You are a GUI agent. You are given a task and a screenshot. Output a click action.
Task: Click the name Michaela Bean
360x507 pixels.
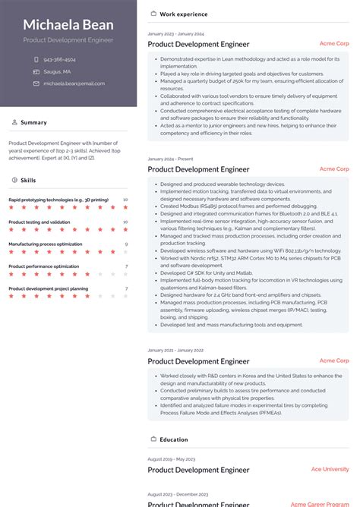pyautogui.click(x=68, y=25)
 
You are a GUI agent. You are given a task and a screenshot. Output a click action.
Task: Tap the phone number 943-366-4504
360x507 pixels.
pyautogui.click(x=59, y=59)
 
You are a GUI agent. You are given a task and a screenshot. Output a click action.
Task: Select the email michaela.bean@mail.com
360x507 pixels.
pyautogui.click(x=71, y=83)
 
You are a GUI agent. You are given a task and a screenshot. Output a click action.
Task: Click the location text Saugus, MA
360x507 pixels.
pyautogui.click(x=57, y=71)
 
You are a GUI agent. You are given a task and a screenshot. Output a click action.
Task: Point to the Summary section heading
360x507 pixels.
pyautogui.click(x=33, y=122)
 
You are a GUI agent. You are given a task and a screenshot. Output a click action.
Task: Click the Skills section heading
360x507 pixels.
pyautogui.click(x=28, y=181)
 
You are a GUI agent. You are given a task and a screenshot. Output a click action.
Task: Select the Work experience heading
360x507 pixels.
pyautogui.click(x=184, y=14)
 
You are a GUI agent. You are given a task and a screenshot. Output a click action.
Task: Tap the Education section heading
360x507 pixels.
pyautogui.click(x=174, y=439)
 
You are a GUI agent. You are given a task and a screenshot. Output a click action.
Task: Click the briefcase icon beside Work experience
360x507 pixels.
pyautogui.click(x=153, y=14)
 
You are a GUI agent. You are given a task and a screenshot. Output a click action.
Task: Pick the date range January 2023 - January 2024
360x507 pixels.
pyautogui.click(x=175, y=34)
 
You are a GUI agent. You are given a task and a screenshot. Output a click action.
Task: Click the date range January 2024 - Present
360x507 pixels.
pyautogui.click(x=171, y=159)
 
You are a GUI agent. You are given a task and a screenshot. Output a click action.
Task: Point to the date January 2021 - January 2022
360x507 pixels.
pyautogui.click(x=175, y=351)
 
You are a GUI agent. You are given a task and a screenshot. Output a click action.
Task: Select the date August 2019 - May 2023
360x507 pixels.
pyautogui.click(x=172, y=459)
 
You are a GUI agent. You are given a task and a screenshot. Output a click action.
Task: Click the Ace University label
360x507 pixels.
pyautogui.click(x=330, y=469)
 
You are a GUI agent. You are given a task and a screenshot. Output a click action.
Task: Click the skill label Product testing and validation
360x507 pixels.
pyautogui.click(x=39, y=222)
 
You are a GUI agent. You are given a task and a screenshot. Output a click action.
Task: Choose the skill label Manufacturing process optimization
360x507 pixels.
pyautogui.click(x=46, y=244)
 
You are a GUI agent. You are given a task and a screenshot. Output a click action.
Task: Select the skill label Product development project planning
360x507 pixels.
pyautogui.click(x=49, y=288)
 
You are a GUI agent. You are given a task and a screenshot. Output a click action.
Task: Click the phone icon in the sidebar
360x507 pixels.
pyautogui.click(x=36, y=59)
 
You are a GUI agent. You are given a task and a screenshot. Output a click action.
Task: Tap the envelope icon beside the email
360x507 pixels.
pyautogui.click(x=36, y=83)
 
